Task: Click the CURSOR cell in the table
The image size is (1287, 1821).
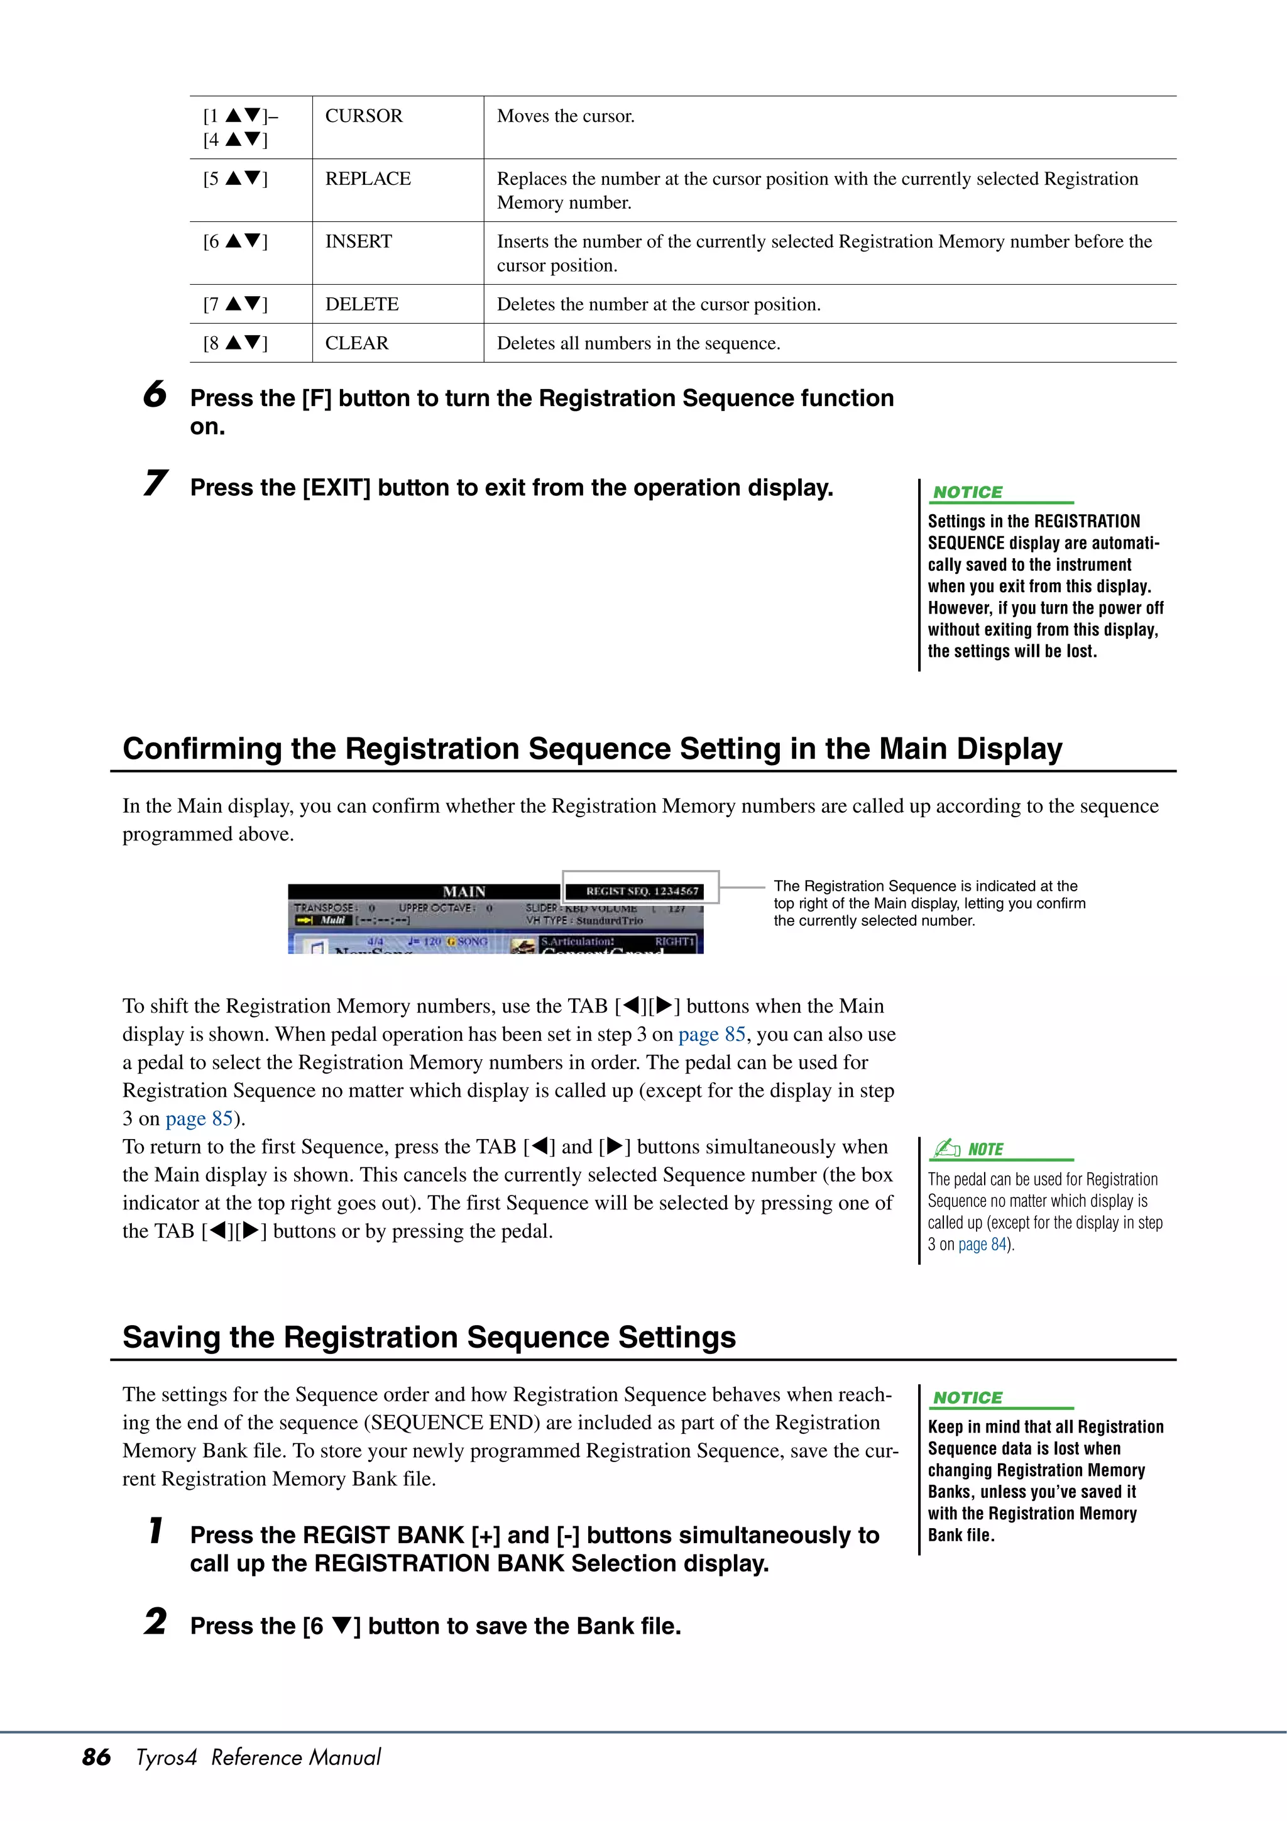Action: click(x=364, y=116)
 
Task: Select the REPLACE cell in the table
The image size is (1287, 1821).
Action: click(x=368, y=179)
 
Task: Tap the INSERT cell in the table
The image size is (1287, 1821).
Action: click(x=358, y=241)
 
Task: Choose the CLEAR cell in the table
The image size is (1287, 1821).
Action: click(x=357, y=343)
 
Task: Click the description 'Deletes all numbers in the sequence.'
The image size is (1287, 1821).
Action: click(x=638, y=343)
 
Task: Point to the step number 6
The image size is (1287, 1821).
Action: click(x=155, y=394)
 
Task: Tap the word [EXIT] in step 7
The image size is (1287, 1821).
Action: click(x=337, y=487)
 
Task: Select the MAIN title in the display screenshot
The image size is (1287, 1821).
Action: click(x=464, y=891)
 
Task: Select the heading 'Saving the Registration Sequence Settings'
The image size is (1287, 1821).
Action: click(x=429, y=1336)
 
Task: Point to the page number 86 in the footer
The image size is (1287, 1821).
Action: click(x=97, y=1757)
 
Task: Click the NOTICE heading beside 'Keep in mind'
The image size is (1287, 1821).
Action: click(x=967, y=1397)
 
